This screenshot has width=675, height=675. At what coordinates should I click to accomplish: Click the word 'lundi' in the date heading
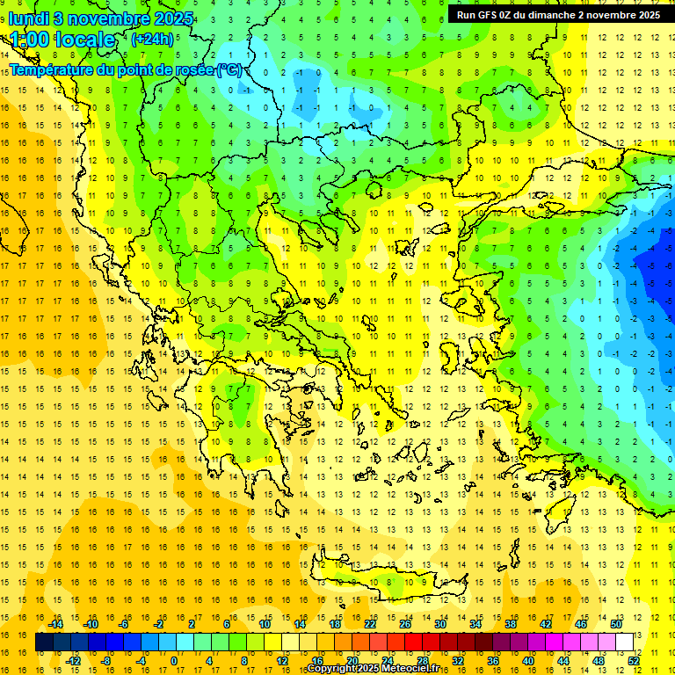point(28,18)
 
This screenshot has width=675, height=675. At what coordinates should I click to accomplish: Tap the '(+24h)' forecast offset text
point(152,39)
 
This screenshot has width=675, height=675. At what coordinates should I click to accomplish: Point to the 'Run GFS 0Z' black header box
point(558,15)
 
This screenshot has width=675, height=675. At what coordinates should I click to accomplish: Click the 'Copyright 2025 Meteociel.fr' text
point(374,669)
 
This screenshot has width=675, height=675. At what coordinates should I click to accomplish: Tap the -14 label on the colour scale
point(58,624)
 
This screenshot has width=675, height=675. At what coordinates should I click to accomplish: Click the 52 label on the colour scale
point(634,660)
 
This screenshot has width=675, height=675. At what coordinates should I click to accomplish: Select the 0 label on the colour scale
point(174,660)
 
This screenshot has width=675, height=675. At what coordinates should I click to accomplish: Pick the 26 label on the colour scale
point(405,624)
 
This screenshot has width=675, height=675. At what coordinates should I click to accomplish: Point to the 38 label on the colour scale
point(510,624)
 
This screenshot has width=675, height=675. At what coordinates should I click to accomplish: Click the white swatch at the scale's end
point(625,642)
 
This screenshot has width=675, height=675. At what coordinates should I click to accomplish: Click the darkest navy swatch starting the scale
point(44,642)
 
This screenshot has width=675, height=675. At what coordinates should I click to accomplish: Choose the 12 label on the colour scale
point(283,660)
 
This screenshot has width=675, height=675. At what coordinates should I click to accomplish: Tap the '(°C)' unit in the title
point(230,70)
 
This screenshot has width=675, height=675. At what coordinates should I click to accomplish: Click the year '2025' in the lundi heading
point(155,18)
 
